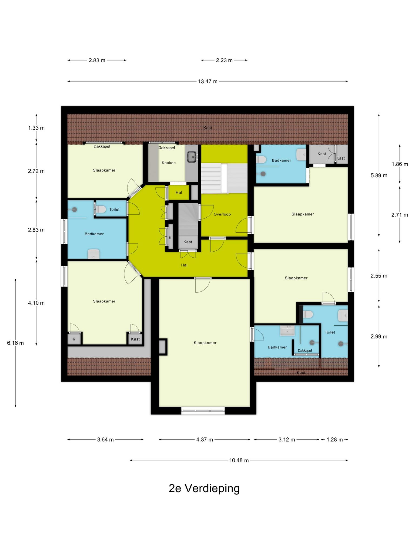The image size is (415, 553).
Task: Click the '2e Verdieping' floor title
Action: click(x=204, y=488)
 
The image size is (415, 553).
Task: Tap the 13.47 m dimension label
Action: click(x=208, y=81)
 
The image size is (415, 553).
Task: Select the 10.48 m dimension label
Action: click(x=239, y=460)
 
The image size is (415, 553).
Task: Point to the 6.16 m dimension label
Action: click(x=15, y=343)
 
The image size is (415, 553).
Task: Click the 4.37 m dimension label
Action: click(x=205, y=439)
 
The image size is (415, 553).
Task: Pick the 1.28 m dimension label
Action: click(x=334, y=439)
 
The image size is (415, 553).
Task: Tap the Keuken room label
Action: click(x=169, y=163)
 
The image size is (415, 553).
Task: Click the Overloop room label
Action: click(x=222, y=214)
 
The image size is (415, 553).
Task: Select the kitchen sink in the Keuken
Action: click(x=192, y=156)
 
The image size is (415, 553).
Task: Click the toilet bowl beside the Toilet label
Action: click(x=101, y=209)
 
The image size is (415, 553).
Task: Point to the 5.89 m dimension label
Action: click(x=379, y=175)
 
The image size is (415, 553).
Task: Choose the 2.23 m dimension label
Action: click(x=224, y=60)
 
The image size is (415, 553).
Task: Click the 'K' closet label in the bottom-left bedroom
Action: click(x=74, y=339)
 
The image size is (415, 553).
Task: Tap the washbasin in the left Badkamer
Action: click(x=93, y=254)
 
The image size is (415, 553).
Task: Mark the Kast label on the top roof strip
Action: click(x=207, y=128)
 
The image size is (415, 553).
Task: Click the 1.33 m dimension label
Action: click(x=36, y=128)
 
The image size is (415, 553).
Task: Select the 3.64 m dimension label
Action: click(x=105, y=439)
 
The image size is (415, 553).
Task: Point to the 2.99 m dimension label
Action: click(x=379, y=336)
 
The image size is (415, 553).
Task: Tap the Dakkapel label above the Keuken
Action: click(x=166, y=148)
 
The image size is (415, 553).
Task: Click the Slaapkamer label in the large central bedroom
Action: click(x=205, y=343)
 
